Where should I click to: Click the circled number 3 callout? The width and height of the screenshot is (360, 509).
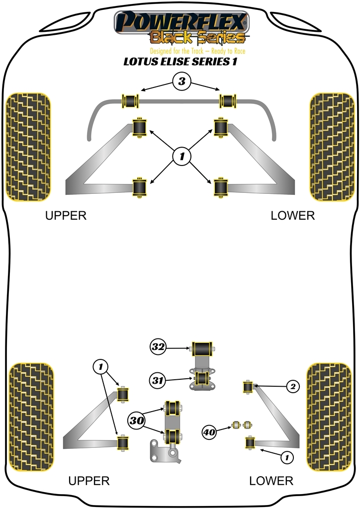182,82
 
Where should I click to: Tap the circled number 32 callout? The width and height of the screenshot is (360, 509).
159,347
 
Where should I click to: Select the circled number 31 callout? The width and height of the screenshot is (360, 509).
159,381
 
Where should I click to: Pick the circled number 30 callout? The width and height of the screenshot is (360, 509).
138,421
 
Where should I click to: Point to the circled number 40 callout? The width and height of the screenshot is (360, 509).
210,432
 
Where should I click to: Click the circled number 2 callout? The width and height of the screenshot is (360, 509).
293,386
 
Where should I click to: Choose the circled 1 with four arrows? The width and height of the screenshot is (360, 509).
182,157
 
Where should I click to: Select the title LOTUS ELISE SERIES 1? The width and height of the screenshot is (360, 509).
180,63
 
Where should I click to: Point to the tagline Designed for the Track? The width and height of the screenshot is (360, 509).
198,51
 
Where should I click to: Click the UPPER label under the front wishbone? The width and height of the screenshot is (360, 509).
66,216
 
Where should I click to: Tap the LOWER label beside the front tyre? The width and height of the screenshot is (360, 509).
293,216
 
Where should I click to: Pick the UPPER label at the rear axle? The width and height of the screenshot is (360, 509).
89,481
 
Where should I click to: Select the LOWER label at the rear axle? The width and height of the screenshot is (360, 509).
271,481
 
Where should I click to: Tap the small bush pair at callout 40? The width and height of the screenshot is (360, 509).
241,425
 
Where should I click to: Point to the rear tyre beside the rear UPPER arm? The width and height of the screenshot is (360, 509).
31,417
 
